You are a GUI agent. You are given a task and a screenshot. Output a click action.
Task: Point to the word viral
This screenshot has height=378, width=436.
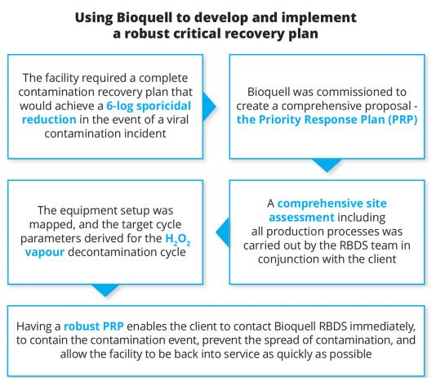tap(177, 119)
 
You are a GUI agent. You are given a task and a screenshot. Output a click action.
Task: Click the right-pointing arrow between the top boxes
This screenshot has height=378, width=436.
tap(209, 106)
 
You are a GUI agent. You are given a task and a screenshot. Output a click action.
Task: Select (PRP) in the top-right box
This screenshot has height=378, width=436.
tap(403, 119)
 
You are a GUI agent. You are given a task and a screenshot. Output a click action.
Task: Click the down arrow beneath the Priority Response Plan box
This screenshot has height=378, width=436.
tap(327, 165)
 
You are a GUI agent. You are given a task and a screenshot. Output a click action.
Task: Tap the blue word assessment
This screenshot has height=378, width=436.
tap(302, 218)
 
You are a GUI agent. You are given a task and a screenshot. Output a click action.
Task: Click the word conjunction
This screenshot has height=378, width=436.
tap(287, 259)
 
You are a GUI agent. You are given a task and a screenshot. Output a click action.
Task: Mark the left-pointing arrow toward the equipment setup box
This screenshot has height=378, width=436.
tap(223, 232)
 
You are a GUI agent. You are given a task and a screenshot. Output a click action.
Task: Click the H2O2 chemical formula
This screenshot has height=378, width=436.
tap(178, 239)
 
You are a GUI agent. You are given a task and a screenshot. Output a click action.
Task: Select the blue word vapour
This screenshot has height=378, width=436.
tap(45, 253)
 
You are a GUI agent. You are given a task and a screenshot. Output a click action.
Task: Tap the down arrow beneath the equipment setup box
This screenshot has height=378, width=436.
tap(105, 290)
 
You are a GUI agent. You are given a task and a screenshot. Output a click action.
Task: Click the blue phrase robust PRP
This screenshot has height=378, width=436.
tap(94, 326)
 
